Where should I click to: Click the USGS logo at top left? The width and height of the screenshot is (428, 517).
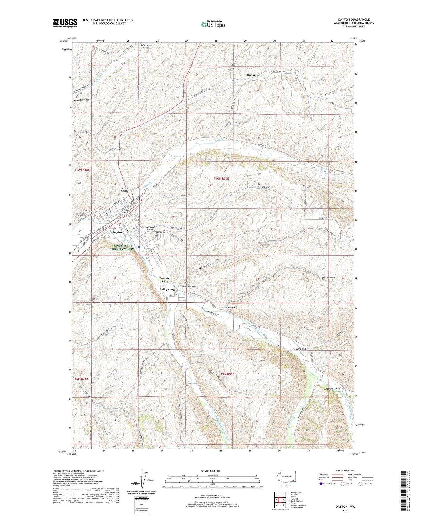(x=65, y=23)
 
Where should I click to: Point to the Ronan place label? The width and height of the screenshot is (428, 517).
(x=251, y=75)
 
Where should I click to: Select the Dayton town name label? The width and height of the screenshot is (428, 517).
(x=118, y=232)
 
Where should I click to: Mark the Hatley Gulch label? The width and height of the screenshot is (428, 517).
(x=299, y=349)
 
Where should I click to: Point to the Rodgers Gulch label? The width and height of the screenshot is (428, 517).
(x=332, y=389)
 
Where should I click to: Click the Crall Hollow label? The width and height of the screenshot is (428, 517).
(x=229, y=307)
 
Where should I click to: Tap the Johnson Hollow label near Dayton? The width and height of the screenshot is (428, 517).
(x=124, y=189)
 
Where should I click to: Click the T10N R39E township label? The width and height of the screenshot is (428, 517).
(x=221, y=179)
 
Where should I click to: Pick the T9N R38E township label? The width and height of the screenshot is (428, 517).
(x=82, y=378)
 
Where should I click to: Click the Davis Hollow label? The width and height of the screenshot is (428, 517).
(x=189, y=287)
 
